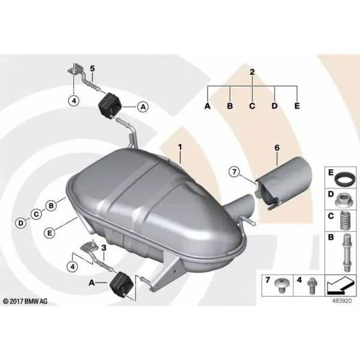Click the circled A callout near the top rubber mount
pyautogui.click(x=143, y=107)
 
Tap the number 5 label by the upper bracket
pyautogui.click(x=92, y=68)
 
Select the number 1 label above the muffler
pyautogui.click(x=180, y=147)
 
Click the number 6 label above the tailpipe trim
pyautogui.click(x=277, y=148)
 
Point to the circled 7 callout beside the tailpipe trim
pyautogui.click(x=234, y=172)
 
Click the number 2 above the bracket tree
pyautogui.click(x=252, y=72)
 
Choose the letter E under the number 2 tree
pyautogui.click(x=297, y=106)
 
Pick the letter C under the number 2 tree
pyautogui.click(x=252, y=106)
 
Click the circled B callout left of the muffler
pyautogui.click(x=51, y=205)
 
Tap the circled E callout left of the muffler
pyautogui.click(x=49, y=233)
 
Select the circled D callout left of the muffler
pyautogui.click(x=21, y=223)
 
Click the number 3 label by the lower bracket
pyautogui.click(x=104, y=248)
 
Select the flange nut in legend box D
pyautogui.click(x=343, y=200)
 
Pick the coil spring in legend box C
pyautogui.click(x=345, y=220)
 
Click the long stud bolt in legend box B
pyautogui.click(x=347, y=253)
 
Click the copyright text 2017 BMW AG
pyautogui.click(x=25, y=301)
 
